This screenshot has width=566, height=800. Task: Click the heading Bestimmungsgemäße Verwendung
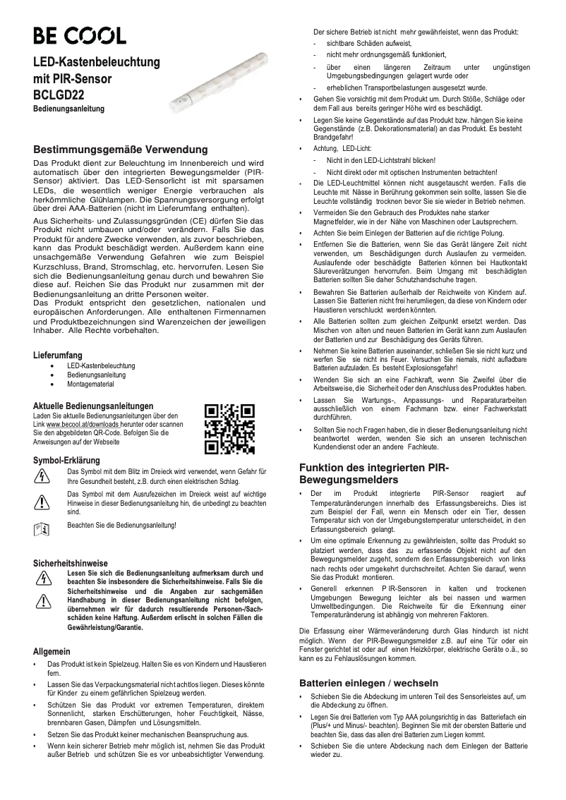pos(121,150)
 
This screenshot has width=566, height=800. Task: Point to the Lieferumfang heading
pos(58,355)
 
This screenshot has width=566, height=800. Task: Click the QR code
pos(229,429)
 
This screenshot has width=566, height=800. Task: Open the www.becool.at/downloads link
pos(84,424)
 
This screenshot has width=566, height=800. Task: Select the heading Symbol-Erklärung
pos(66,461)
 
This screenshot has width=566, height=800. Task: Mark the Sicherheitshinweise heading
pos(71,564)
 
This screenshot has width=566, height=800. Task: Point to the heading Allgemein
pos(52,651)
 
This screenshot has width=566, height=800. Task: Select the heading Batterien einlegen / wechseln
pos(368,683)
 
